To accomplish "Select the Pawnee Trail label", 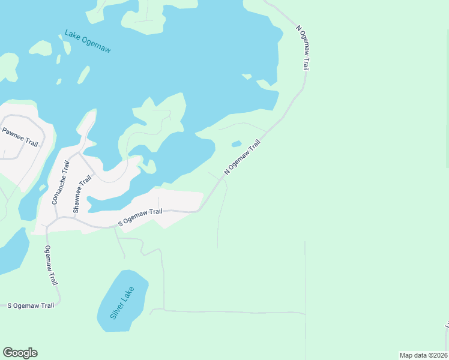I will pyautogui.click(x=20, y=137).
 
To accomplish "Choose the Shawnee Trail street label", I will pyautogui.click(x=83, y=194).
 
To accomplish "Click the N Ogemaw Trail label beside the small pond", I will pyautogui.click(x=243, y=157).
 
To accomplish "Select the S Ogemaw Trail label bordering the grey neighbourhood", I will pyautogui.click(x=140, y=217).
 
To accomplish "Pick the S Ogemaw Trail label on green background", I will pyautogui.click(x=31, y=305).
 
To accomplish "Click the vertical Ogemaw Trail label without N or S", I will pyautogui.click(x=51, y=265).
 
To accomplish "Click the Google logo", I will pyautogui.click(x=20, y=353).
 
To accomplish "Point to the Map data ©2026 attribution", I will pyautogui.click(x=424, y=355).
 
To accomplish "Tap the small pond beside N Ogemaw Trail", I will pyautogui.click(x=237, y=144).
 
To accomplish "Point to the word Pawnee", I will pyautogui.click(x=13, y=133).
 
